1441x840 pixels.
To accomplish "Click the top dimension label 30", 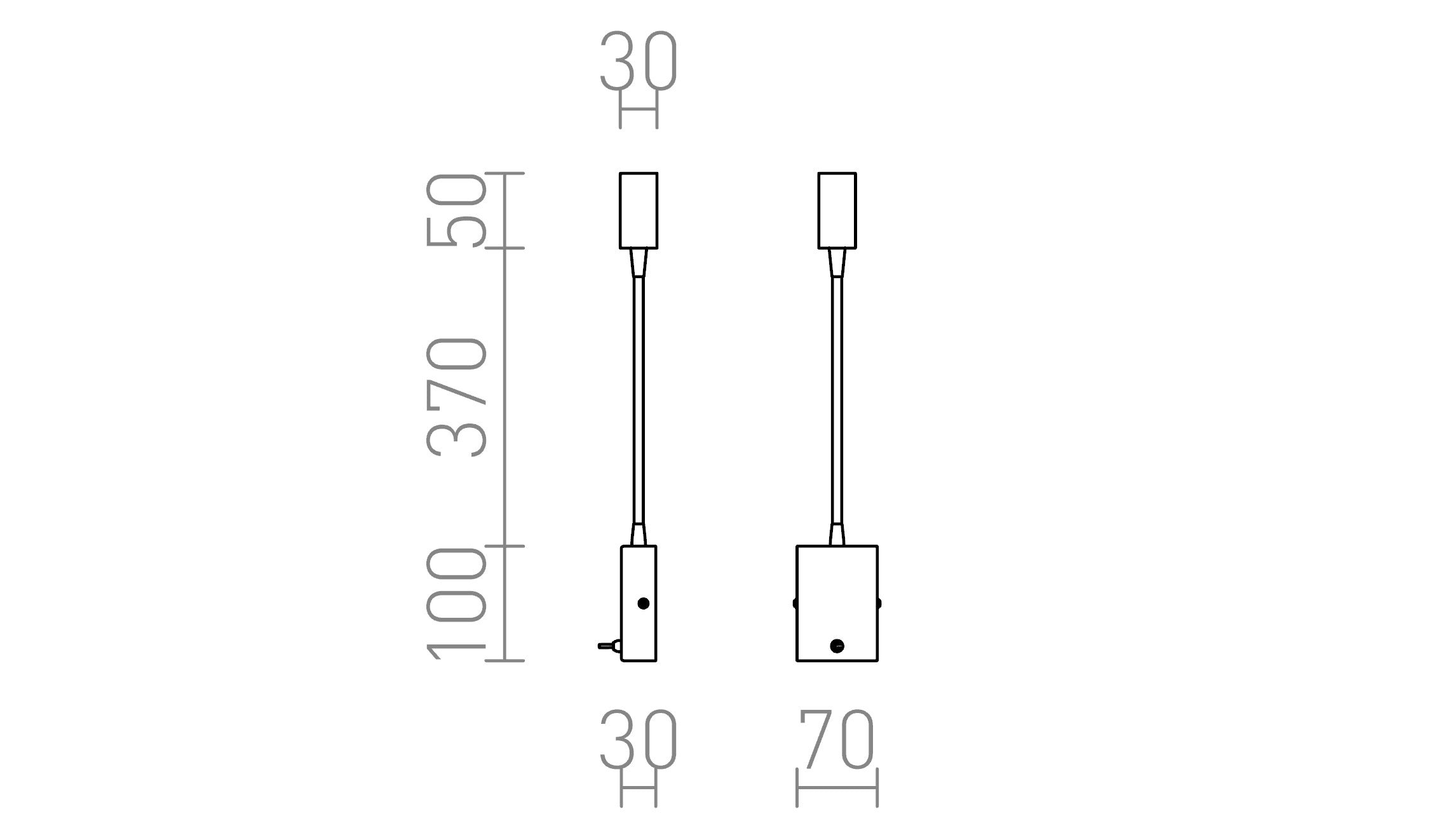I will [x=639, y=61].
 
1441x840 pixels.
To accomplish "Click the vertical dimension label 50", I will [x=456, y=210].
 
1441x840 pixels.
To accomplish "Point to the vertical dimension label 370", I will [x=456, y=397].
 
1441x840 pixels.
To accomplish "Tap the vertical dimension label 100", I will [x=456, y=604].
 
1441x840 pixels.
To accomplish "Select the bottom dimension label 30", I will [x=639, y=740].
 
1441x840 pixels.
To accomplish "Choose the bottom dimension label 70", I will [x=837, y=740].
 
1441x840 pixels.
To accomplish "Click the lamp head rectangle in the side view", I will [x=639, y=210].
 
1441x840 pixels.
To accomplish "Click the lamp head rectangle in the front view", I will [x=837, y=210].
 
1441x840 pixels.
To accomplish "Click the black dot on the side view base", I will [x=643, y=603].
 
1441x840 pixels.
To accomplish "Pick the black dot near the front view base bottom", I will [x=837, y=646].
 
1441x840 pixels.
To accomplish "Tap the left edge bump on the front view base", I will [x=795, y=603].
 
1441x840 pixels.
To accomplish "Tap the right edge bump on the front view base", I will [x=879, y=603].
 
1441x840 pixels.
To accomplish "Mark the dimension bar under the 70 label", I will [x=837, y=789].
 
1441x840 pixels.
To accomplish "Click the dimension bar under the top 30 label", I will [x=639, y=109].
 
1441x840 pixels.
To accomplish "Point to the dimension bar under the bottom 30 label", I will [x=639, y=789].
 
